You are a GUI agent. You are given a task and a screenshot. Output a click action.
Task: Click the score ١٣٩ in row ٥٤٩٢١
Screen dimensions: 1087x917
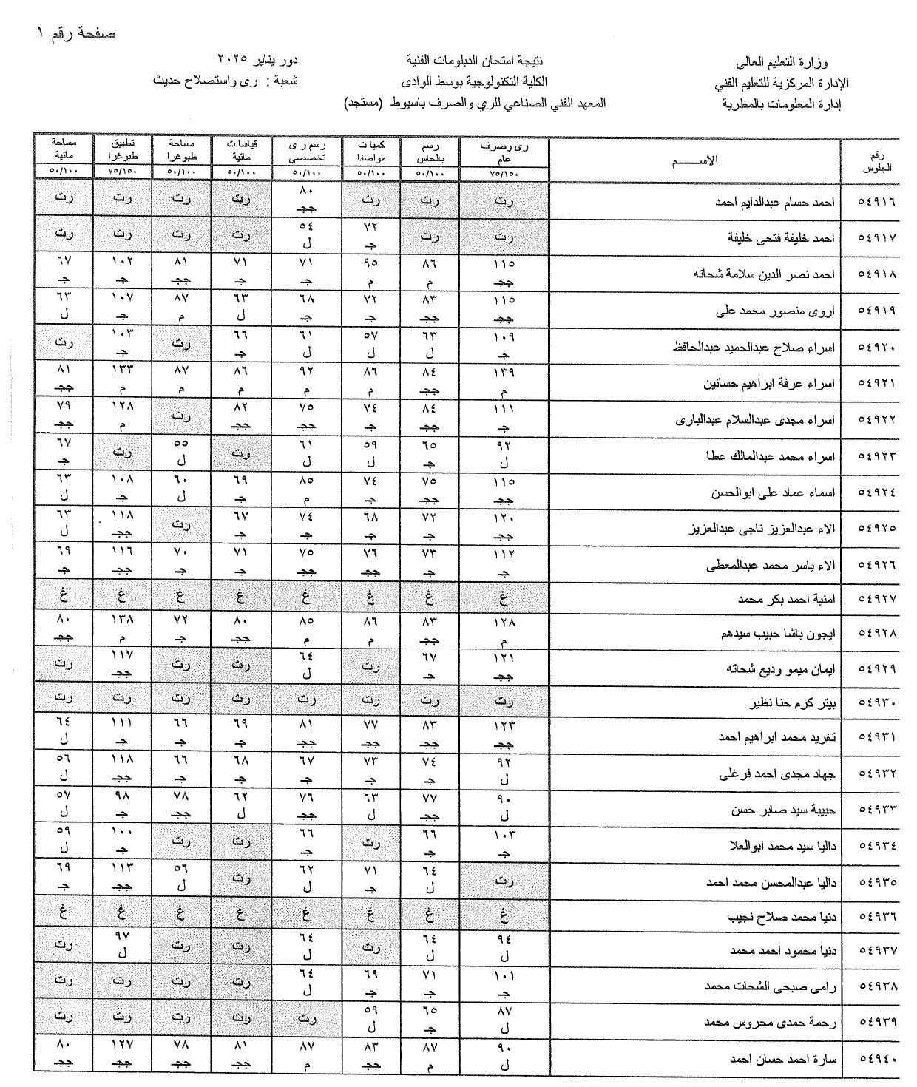coord(504,372)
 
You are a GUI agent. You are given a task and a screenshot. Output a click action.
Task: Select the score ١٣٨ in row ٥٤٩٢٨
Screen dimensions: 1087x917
coord(123,623)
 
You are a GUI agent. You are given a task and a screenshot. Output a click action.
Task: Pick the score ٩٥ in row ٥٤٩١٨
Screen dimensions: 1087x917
coord(371,263)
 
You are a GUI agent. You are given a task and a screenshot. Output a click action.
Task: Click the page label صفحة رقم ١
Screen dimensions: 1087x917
coord(76,34)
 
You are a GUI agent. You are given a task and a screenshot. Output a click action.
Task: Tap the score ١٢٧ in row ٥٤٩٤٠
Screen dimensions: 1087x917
coord(123,1048)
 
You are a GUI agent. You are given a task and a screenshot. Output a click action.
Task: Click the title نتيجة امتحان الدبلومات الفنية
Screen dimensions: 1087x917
coord(481,59)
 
